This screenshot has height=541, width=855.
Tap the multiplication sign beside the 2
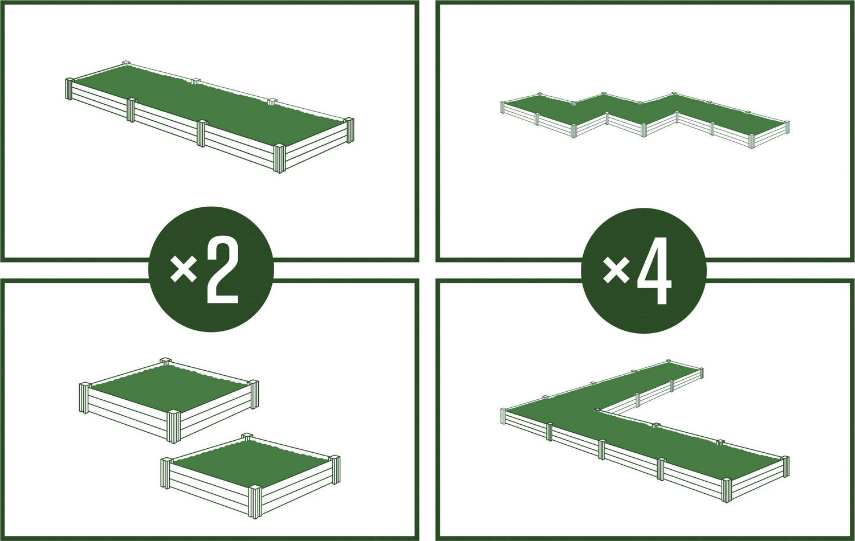click(x=184, y=269)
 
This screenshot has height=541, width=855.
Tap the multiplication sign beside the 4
click(x=617, y=269)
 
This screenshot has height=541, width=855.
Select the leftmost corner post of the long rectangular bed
click(x=69, y=89)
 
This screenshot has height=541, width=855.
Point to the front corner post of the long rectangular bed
click(x=279, y=159)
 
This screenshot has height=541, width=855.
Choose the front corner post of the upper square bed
click(x=173, y=425)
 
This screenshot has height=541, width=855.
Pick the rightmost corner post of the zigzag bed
click(x=786, y=128)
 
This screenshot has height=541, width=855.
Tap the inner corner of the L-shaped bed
click(x=597, y=410)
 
